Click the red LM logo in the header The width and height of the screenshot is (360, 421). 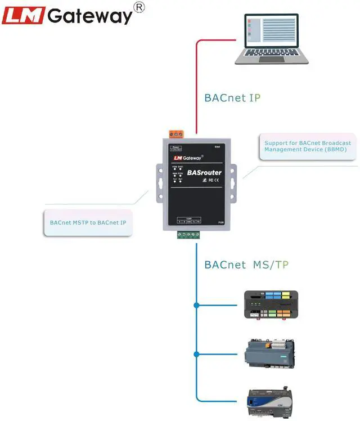pos(23,15)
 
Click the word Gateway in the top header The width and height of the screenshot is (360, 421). pos(90,16)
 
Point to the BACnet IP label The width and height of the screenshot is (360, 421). pos(232,97)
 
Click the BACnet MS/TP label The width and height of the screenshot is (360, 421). pos(246,265)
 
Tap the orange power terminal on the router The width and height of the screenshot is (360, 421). pos(177,134)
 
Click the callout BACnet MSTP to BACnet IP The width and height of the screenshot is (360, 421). pos(88,222)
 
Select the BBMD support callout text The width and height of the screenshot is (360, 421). pos(308,146)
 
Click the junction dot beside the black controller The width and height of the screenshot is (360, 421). pos(196,306)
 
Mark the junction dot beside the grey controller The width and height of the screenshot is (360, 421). pos(196,354)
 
